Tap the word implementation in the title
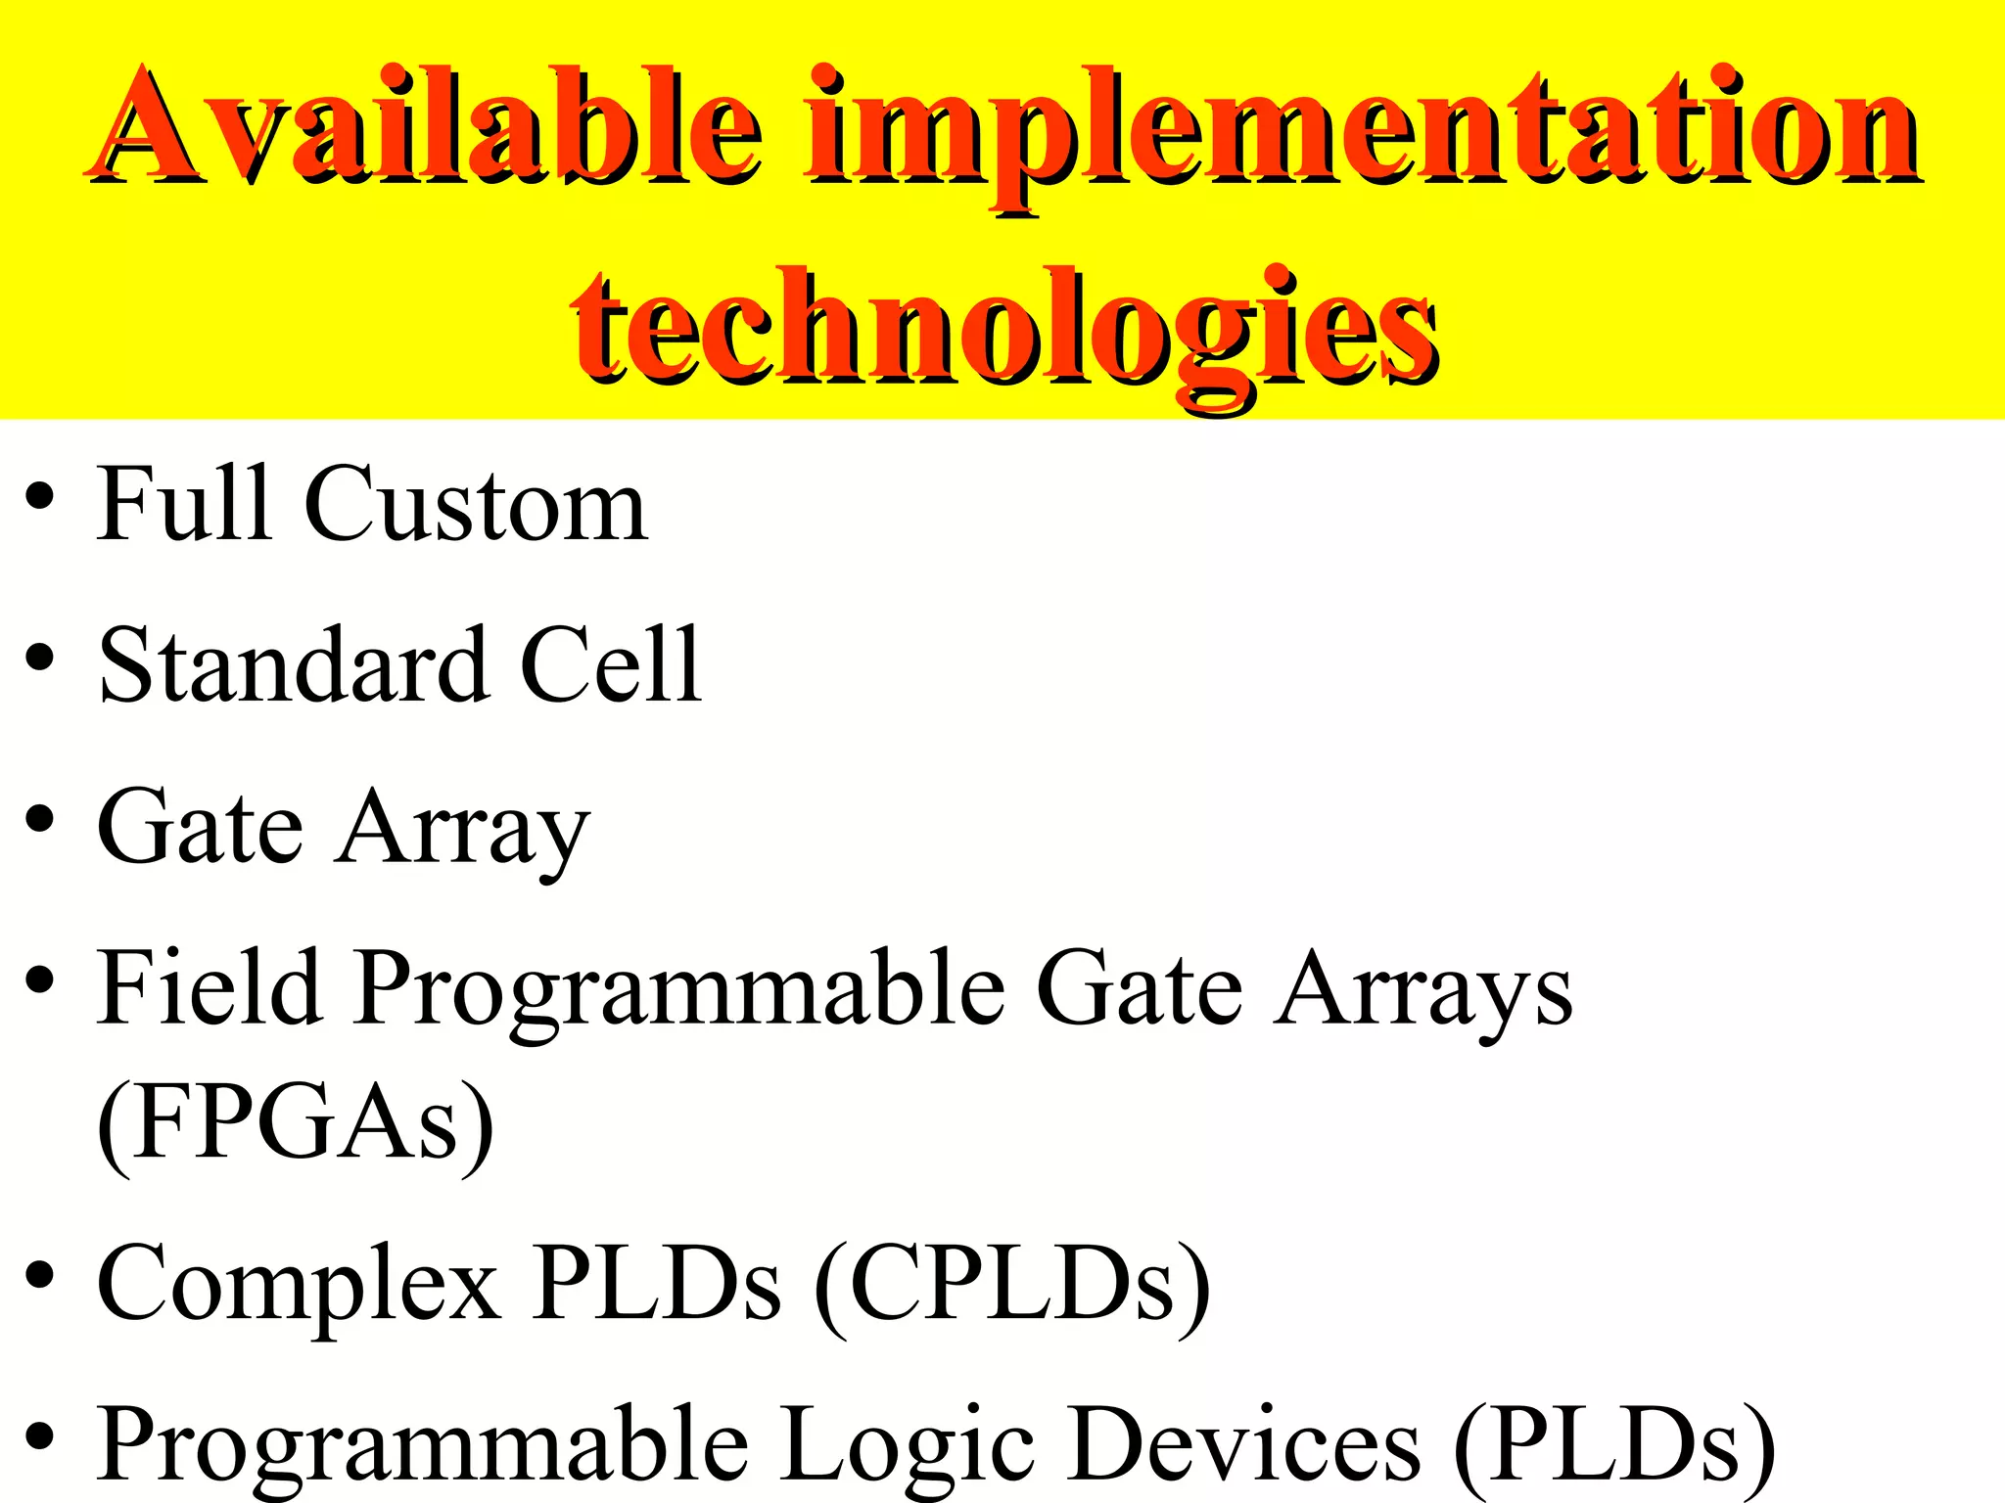[1362, 132]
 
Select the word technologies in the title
[1004, 328]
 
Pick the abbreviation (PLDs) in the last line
[1615, 1446]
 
